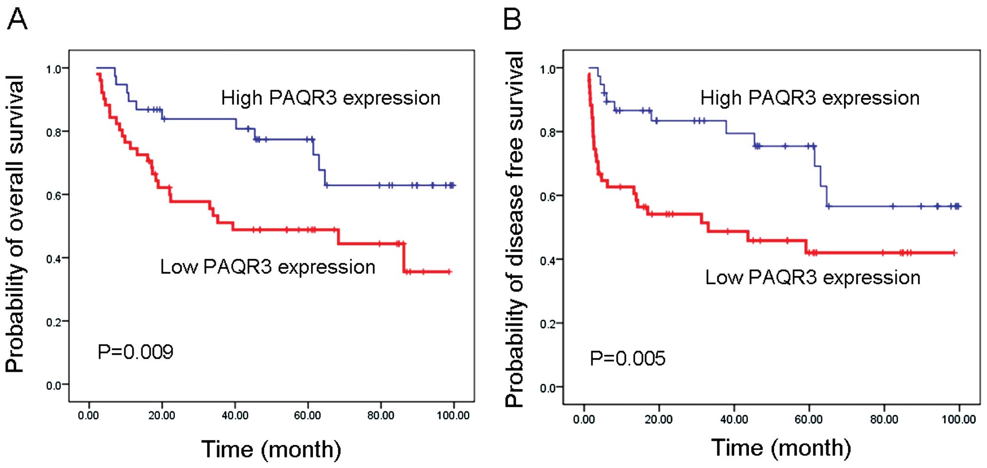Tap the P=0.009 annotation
tap(135, 352)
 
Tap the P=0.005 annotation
tap(627, 359)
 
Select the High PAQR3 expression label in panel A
tap(330, 98)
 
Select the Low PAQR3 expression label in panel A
tap(268, 267)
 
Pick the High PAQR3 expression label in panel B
tap(810, 98)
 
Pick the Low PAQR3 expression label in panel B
tap(813, 277)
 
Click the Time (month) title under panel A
tap(271, 449)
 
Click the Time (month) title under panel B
tap(781, 447)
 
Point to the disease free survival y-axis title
tap(514, 229)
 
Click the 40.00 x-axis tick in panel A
tap(235, 416)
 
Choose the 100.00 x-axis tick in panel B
tap(958, 419)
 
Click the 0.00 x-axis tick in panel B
tap(584, 419)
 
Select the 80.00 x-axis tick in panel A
tap(381, 416)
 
